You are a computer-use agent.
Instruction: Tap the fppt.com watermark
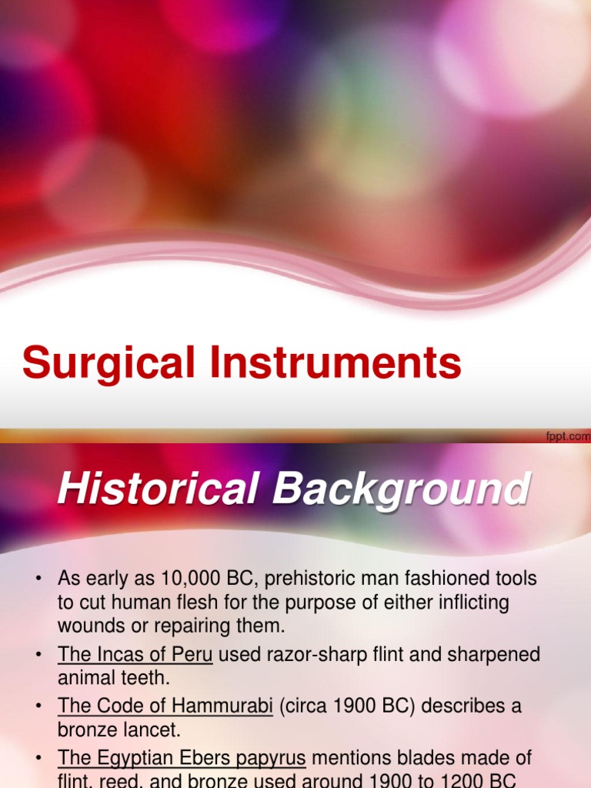(568, 436)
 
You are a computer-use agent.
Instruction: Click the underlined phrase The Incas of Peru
(135, 655)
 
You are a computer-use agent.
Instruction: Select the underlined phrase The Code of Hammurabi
(165, 706)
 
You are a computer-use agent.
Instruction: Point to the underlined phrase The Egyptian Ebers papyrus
(182, 758)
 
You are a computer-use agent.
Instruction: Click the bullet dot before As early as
(37, 579)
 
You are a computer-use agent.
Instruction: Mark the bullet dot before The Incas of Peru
(37, 656)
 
